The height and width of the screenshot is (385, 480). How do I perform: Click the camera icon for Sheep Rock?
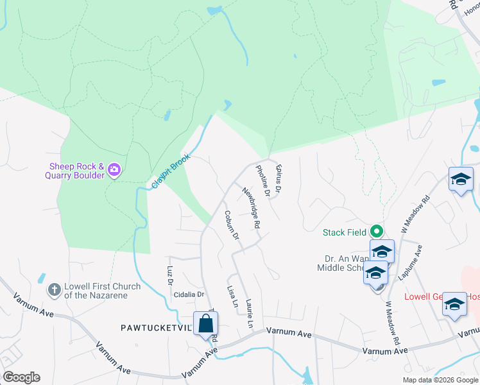click(x=114, y=169)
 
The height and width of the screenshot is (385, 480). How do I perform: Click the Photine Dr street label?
click(x=263, y=180)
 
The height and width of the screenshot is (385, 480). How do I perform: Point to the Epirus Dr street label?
click(x=279, y=176)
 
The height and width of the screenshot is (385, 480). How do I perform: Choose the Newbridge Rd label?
click(x=251, y=208)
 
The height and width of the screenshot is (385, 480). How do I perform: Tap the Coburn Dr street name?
click(x=231, y=225)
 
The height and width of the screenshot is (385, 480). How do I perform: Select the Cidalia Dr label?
click(x=188, y=295)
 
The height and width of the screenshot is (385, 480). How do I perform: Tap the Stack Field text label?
click(x=345, y=232)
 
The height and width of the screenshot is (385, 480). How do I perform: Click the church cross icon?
click(x=55, y=291)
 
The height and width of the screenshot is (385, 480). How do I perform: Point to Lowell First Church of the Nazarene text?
click(x=97, y=291)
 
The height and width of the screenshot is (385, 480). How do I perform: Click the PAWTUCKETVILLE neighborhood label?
click(x=157, y=327)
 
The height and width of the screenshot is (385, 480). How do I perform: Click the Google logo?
click(x=21, y=377)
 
